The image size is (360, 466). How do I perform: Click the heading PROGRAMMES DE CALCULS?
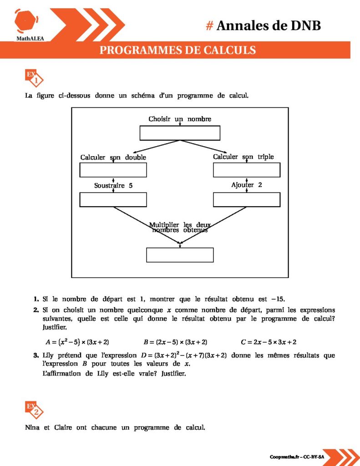(177, 50)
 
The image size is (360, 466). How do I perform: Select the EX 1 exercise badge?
(34, 78)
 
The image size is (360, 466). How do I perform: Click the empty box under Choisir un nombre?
(180, 133)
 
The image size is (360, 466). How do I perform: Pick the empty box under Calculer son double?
(113, 170)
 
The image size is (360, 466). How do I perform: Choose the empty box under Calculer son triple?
(247, 170)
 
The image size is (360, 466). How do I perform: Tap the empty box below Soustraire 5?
(113, 200)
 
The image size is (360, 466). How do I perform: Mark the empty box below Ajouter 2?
(247, 200)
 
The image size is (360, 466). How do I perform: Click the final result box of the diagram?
(180, 255)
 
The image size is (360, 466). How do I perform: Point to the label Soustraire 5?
(113, 186)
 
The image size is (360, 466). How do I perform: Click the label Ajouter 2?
(247, 185)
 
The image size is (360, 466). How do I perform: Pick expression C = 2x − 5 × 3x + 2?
(269, 342)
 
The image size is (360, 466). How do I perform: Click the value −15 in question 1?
(277, 299)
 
